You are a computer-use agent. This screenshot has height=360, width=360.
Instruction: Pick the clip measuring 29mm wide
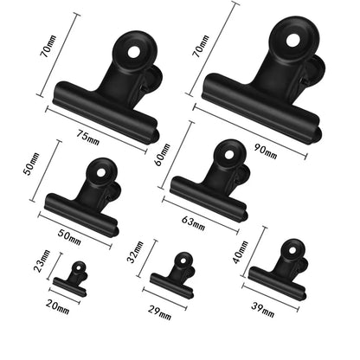click(x=174, y=273)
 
